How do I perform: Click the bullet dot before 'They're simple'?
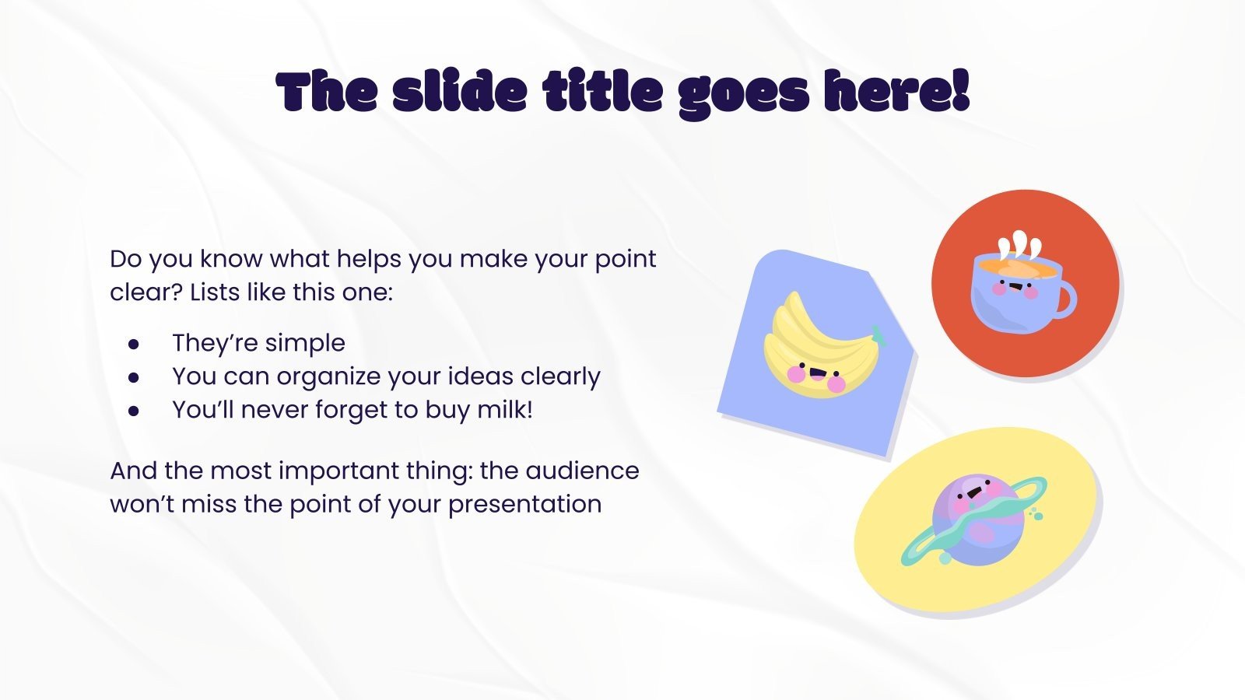tap(134, 343)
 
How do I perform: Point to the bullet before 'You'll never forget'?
tap(134, 410)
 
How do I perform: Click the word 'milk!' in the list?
tap(505, 409)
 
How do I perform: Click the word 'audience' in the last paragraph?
tap(582, 471)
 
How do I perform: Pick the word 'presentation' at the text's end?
tap(524, 504)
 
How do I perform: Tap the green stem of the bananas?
tap(879, 334)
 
